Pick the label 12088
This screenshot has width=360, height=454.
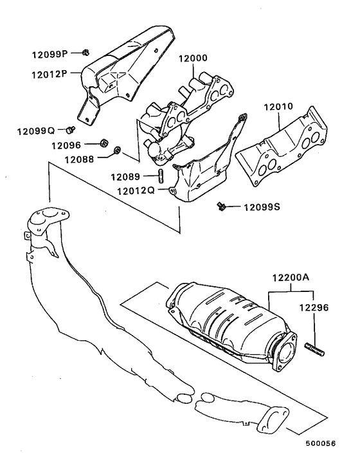(79, 157)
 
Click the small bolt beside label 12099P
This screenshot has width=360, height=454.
(85, 53)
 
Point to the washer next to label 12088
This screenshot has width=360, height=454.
(117, 152)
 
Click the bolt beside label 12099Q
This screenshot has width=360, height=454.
(71, 129)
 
